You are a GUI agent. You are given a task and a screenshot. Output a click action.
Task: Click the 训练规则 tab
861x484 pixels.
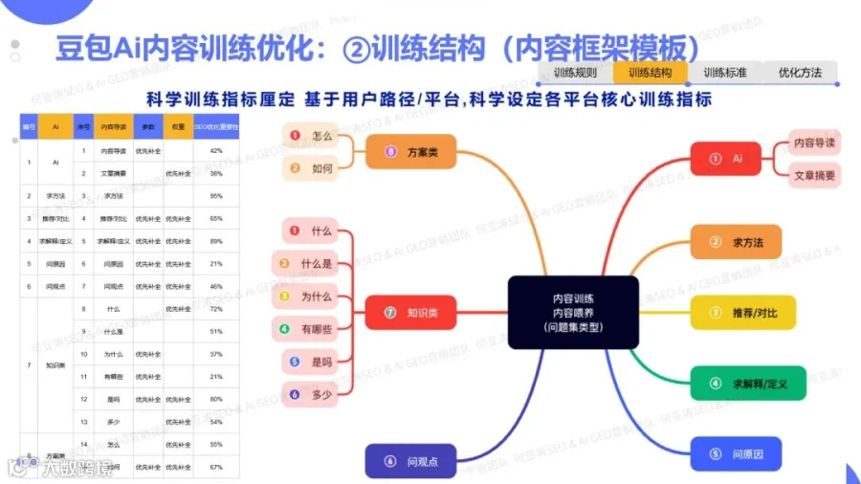(x=576, y=73)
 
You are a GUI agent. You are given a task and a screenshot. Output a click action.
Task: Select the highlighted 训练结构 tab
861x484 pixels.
(x=651, y=73)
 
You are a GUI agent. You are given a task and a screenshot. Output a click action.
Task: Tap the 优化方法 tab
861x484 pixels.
(x=800, y=73)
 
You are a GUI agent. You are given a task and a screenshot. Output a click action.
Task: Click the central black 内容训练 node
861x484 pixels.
(x=573, y=312)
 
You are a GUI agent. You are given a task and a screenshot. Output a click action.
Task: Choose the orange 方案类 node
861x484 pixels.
(x=410, y=152)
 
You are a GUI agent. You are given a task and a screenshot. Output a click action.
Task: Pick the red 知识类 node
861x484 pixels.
(x=410, y=312)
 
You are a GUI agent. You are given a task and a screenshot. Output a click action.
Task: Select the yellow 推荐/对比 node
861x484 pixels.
(x=747, y=312)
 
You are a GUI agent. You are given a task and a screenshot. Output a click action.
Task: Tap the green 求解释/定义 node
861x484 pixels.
(x=747, y=383)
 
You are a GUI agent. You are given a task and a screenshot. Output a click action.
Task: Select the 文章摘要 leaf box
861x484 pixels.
(x=814, y=176)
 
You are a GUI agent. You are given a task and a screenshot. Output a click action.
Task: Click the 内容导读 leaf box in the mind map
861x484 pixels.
(x=814, y=143)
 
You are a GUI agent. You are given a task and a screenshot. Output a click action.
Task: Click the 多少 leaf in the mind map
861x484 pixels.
(x=312, y=392)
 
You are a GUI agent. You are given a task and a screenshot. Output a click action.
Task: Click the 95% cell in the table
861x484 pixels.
(x=216, y=195)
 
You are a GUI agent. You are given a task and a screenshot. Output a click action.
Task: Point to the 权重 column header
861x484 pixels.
(x=178, y=126)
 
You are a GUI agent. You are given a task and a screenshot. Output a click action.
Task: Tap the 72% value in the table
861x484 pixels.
(x=216, y=309)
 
